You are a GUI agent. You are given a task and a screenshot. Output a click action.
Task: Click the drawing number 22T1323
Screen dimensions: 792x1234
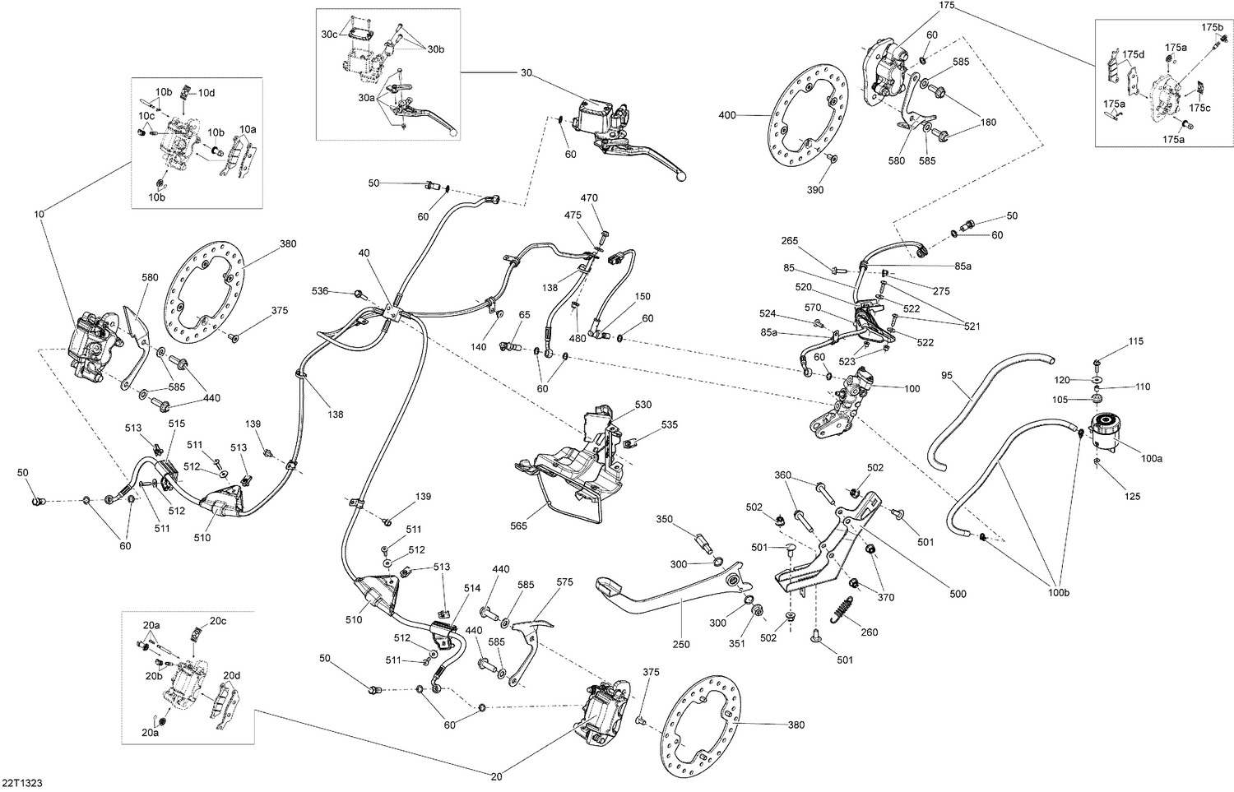[x=22, y=783]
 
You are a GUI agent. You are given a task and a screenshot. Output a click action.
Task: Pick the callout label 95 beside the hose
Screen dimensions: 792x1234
[x=947, y=376]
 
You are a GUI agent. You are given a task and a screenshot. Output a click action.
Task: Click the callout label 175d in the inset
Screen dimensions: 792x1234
[x=1134, y=54]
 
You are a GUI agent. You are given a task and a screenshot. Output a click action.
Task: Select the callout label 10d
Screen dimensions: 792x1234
[x=206, y=92]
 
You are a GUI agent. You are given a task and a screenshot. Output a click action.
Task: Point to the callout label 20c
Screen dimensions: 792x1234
[x=217, y=621]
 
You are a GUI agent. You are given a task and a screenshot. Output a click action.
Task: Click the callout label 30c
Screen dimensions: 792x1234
[x=329, y=35]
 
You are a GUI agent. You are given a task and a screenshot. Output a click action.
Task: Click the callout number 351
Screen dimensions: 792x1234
[x=738, y=643]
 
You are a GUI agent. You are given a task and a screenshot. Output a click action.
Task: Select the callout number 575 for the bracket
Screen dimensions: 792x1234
[x=564, y=581]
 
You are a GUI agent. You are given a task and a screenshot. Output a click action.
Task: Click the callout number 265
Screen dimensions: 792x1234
[x=790, y=241]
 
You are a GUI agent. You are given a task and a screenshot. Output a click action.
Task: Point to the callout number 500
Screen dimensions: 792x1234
[x=958, y=594]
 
